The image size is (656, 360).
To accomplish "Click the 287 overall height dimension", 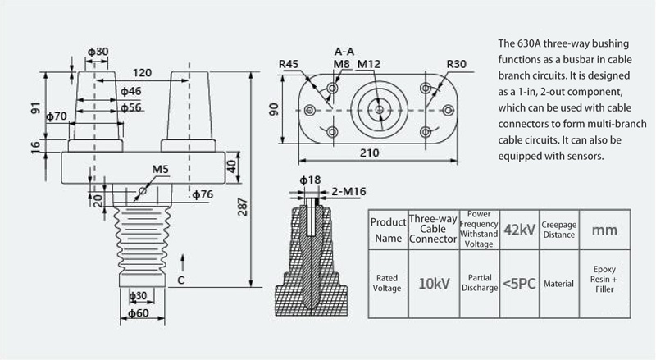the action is coord(243,207).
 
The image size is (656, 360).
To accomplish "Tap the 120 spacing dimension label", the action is coord(142,73).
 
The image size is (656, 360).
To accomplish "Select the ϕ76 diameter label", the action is coord(203,194).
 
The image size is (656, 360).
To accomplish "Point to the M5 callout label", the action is coord(160,169).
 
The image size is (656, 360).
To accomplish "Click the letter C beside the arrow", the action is coord(180,280).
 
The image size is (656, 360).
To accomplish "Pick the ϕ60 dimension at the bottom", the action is coord(139,312).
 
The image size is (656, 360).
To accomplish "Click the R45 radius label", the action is coord(289,64).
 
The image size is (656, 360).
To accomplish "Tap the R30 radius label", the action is coord(457,64).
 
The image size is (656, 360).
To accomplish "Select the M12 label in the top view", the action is coord(369,64).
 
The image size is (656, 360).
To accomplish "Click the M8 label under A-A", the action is coord(341,64).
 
